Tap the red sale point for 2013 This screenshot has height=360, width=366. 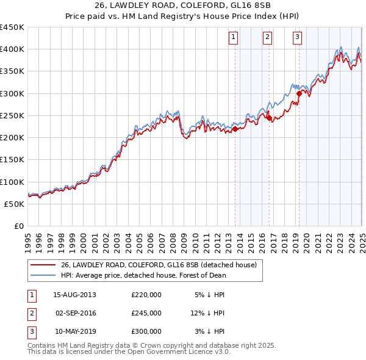pyautogui.click(x=235, y=129)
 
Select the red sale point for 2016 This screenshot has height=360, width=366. pyautogui.click(x=269, y=118)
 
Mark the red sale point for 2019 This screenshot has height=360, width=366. pyautogui.click(x=299, y=93)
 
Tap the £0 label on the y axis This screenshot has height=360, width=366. pyautogui.click(x=18, y=226)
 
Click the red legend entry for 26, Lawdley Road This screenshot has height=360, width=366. pyautogui.click(x=159, y=265)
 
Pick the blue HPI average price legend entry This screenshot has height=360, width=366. pyautogui.click(x=143, y=275)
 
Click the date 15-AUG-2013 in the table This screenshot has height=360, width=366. pyautogui.click(x=74, y=295)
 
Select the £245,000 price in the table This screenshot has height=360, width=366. pyautogui.click(x=146, y=313)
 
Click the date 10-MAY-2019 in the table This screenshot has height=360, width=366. pyautogui.click(x=74, y=331)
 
